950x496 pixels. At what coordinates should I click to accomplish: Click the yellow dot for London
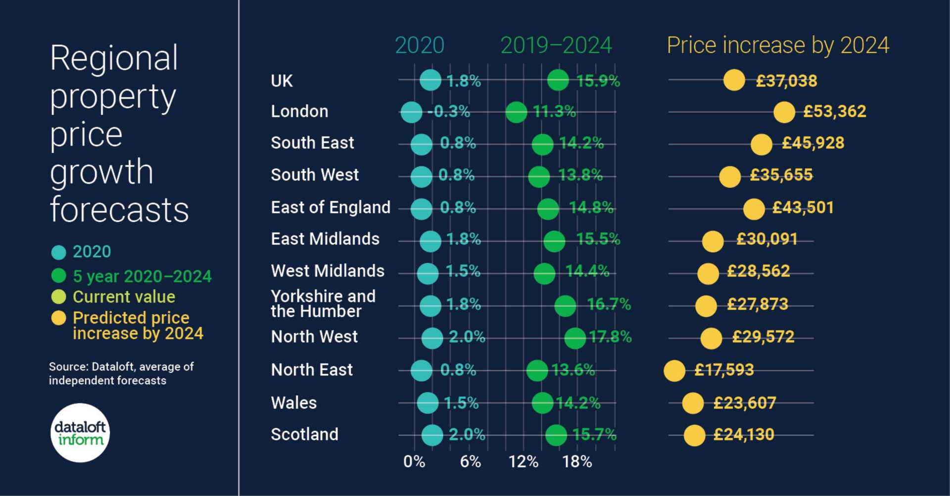click(x=784, y=112)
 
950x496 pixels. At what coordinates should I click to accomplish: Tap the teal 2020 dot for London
click(x=411, y=112)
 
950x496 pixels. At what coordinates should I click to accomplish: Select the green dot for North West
click(x=575, y=338)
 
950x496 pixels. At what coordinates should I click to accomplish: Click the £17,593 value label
click(x=723, y=370)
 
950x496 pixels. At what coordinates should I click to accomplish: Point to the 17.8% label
click(x=610, y=337)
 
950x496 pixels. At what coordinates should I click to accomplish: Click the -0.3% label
click(x=448, y=112)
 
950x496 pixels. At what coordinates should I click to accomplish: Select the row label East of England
click(x=331, y=207)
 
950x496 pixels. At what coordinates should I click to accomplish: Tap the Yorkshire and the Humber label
click(x=323, y=304)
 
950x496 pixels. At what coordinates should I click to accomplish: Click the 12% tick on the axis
click(x=523, y=462)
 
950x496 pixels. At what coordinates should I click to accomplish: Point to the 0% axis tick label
click(x=414, y=462)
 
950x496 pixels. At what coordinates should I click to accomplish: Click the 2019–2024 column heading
click(x=556, y=45)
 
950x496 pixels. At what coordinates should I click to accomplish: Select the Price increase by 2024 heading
click(x=778, y=45)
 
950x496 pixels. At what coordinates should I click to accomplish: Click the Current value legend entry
click(x=124, y=297)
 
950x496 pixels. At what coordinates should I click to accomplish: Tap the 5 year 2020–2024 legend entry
click(x=142, y=276)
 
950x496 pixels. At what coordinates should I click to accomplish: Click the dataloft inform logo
click(x=80, y=433)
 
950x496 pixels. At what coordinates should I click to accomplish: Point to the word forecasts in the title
click(x=119, y=210)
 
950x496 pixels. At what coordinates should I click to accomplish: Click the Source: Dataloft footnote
click(x=121, y=373)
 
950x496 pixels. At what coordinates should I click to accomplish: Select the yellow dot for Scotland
click(x=694, y=436)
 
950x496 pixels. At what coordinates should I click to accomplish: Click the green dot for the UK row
click(x=558, y=80)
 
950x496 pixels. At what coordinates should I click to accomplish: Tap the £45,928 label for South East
click(x=812, y=143)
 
